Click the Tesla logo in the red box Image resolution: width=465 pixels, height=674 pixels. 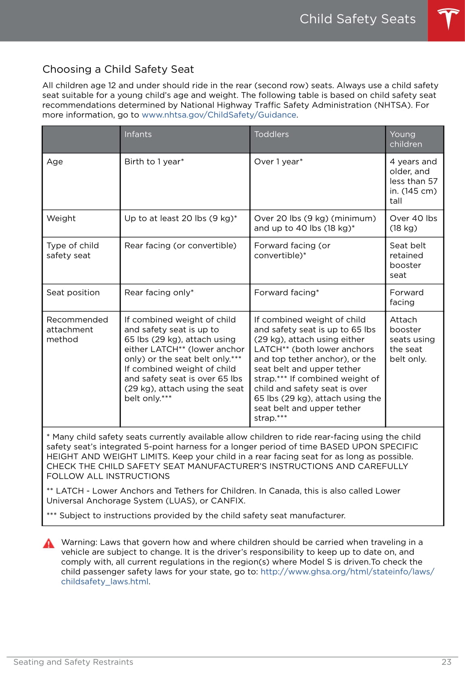(448, 19)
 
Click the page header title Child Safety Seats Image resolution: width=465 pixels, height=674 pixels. (358, 19)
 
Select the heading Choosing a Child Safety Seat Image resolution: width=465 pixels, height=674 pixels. (118, 69)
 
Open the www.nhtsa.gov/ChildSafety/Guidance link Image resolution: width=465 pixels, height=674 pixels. (219, 115)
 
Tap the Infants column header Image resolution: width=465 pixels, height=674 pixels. (138, 134)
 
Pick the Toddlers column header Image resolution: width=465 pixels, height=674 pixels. (271, 134)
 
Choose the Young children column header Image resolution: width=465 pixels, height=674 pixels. (406, 139)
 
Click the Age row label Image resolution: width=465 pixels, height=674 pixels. (55, 162)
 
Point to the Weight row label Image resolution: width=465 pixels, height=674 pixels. (61, 218)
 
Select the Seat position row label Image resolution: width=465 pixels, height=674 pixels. (73, 293)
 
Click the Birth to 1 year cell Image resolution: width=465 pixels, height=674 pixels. (154, 162)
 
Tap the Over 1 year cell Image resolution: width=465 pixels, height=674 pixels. (278, 162)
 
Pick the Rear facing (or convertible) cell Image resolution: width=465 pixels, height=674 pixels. (180, 246)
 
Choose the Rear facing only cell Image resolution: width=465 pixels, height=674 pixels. (159, 293)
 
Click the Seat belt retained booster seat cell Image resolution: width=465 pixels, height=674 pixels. (407, 260)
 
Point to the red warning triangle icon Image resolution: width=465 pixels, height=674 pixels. (49, 544)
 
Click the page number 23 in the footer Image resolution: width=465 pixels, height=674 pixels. (446, 662)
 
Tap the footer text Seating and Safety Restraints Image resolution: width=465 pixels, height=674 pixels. (73, 662)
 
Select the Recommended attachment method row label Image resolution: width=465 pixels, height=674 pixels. (77, 330)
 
